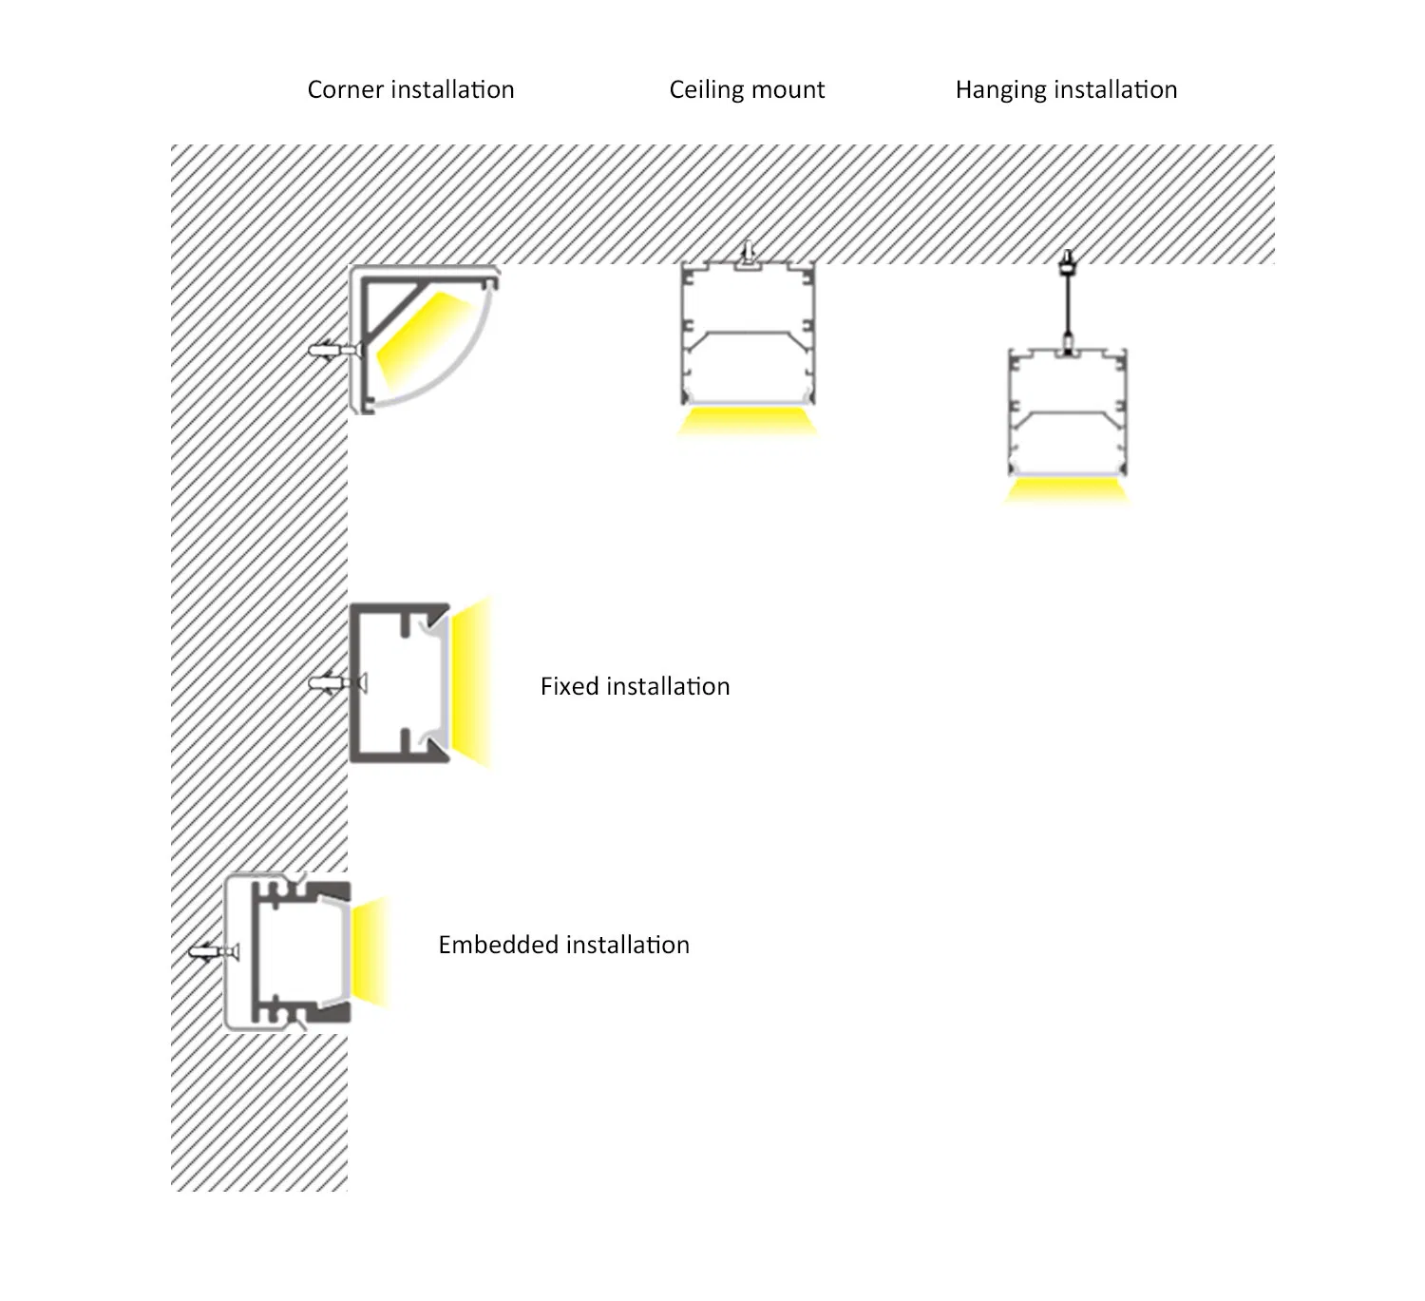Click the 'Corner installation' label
coord(410,89)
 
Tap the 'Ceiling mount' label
coord(747,90)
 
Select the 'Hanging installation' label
coord(1066,90)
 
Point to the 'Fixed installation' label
coord(635,686)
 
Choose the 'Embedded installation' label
coord(564,945)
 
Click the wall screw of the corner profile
coord(335,351)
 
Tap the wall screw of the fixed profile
coord(337,683)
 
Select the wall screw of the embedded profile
coord(214,952)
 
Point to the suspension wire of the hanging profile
coord(1067,306)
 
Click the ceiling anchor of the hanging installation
coord(1067,262)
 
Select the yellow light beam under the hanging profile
coord(1067,491)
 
